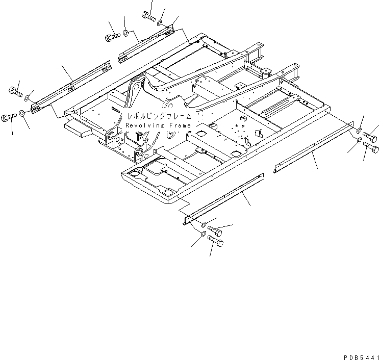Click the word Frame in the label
pyautogui.click(x=179, y=125)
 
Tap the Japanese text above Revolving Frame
pyautogui.click(x=159, y=116)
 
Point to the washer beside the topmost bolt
pyautogui.click(x=160, y=23)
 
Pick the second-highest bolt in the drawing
pyautogui.click(x=112, y=37)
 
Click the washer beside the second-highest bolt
pyautogui.click(x=124, y=35)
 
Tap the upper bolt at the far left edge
pyautogui.click(x=14, y=92)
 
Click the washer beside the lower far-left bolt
pyautogui.click(x=22, y=113)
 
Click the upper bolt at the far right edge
pyautogui.click(x=370, y=139)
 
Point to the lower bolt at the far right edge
pyautogui.click(x=371, y=148)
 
